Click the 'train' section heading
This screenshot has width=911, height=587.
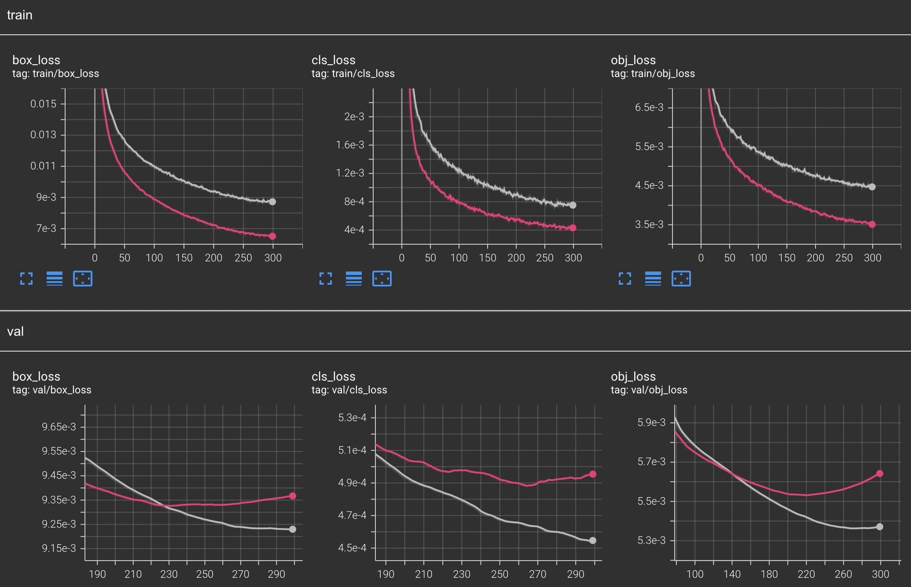coord(20,15)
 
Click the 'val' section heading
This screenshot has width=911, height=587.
coord(15,331)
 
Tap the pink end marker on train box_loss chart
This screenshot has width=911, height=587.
coord(272,236)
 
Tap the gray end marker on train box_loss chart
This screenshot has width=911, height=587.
coord(272,202)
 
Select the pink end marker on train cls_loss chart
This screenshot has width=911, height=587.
coord(573,228)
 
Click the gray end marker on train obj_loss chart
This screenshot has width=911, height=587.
coord(872,187)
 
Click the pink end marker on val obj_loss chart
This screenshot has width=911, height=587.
coord(880,473)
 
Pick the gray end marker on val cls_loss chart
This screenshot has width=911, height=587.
coord(593,540)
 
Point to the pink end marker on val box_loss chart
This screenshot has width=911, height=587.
coord(293,496)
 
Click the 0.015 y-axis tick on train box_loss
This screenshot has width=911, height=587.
coord(43,104)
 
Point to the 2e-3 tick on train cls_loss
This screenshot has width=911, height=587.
coord(354,117)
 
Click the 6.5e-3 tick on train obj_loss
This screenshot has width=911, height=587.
coord(649,107)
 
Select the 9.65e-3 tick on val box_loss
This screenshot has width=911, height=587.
coord(59,427)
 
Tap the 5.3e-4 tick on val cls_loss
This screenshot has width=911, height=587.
coord(352,418)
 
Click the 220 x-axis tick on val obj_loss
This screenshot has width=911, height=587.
coord(806,574)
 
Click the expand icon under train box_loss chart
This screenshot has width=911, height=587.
coord(26,279)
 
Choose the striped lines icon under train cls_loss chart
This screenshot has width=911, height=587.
coord(354,279)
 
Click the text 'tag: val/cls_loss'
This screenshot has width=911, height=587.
coord(349,390)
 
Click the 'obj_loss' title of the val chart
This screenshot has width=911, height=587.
coord(633,376)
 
